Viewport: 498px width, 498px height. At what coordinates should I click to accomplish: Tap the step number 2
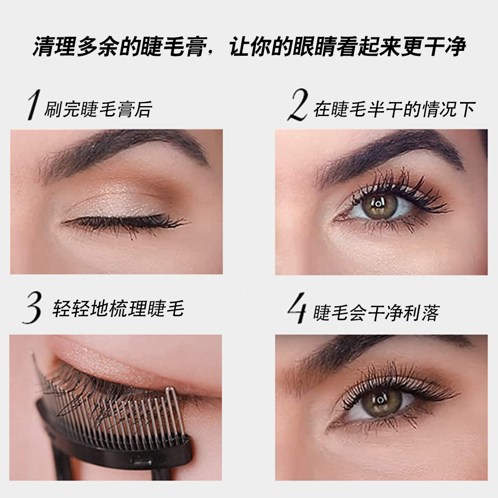[297, 106]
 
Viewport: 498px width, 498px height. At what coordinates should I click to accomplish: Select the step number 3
[32, 309]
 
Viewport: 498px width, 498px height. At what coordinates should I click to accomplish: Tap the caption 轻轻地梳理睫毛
[118, 309]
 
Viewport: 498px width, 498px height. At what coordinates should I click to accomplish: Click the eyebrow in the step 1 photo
[124, 147]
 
